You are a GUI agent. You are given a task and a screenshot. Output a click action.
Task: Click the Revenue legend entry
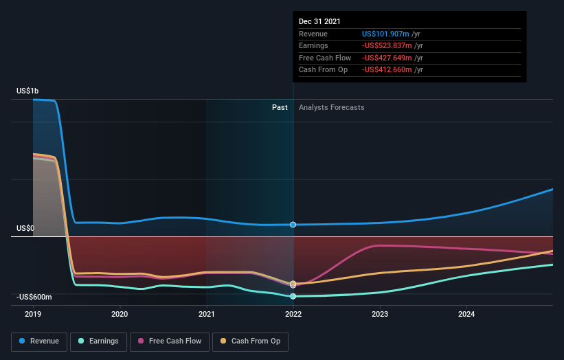coord(40,341)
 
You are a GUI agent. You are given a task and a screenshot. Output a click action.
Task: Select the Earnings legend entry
coord(99,341)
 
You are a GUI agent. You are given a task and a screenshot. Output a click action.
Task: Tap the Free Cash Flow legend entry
coord(170,341)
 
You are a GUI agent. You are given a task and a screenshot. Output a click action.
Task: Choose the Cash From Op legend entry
coord(250,341)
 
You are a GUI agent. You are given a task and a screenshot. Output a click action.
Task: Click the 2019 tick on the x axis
coord(33,315)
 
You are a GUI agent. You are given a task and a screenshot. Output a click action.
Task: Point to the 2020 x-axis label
coord(120,315)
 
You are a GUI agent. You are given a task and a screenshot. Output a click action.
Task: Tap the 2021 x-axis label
coord(206,315)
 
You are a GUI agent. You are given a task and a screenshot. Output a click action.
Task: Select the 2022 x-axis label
coord(293,315)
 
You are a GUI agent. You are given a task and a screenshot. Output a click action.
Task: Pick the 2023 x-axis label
coord(380,315)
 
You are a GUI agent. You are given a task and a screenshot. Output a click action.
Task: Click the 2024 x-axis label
coord(466,315)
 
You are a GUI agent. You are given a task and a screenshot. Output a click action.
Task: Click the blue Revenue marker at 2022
coord(293,225)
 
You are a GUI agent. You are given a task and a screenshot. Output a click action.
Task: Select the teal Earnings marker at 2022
coord(293,296)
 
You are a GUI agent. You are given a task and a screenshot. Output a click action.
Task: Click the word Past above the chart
coord(280,107)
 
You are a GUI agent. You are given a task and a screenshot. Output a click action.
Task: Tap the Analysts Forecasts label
coord(331,107)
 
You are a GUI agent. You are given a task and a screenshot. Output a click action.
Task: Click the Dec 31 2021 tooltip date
coord(319,22)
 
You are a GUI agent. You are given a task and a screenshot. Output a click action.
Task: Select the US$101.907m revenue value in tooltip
coord(386,34)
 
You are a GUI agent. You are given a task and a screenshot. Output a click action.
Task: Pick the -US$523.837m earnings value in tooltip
coord(388,46)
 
